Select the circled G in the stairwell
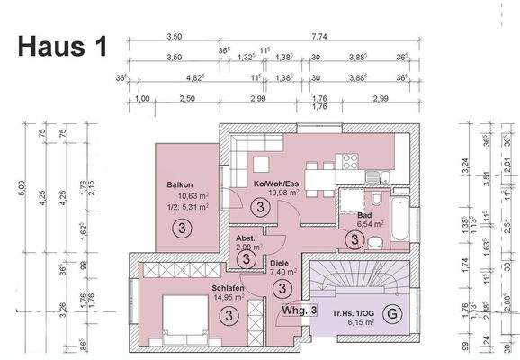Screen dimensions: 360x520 [x=390, y=314]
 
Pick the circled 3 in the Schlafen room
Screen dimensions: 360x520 [x=230, y=314]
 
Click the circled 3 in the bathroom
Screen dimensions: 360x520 [x=354, y=239]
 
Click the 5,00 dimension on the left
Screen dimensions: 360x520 [x=22, y=189]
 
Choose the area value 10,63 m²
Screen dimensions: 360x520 [x=183, y=195]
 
